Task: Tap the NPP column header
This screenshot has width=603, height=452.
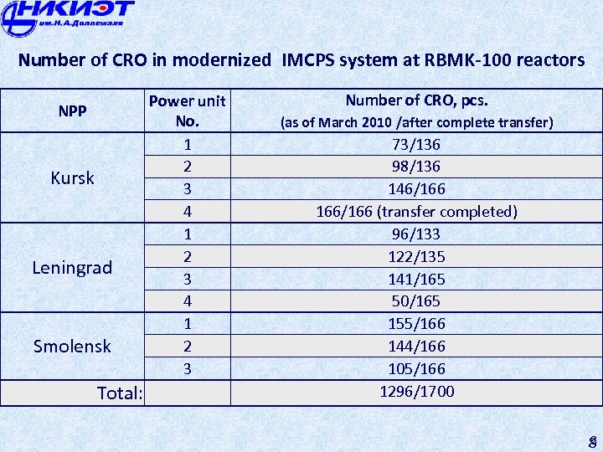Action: click(72, 110)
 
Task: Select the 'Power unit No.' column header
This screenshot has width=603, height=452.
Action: click(187, 110)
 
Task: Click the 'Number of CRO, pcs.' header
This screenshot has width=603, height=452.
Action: click(416, 100)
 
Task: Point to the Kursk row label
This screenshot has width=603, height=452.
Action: click(72, 178)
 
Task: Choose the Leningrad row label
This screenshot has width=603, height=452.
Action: click(72, 268)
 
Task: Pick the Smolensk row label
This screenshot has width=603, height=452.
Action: click(72, 347)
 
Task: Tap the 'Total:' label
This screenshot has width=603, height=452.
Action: click(120, 393)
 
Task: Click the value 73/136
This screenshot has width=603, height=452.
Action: click(416, 145)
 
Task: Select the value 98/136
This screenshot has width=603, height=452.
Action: click(416, 167)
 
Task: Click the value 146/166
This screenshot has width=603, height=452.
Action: click(416, 189)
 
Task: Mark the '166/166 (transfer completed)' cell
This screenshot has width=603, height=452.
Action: click(416, 212)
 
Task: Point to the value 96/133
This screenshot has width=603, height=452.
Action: click(416, 234)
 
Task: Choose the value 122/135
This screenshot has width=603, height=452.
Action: click(416, 257)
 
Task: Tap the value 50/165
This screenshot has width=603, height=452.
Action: click(416, 301)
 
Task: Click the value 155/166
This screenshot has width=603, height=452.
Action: click(416, 324)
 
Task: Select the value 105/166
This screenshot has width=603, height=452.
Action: click(416, 369)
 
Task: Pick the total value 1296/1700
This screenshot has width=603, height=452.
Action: click(416, 391)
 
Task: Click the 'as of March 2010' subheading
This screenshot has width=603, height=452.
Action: click(416, 123)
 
